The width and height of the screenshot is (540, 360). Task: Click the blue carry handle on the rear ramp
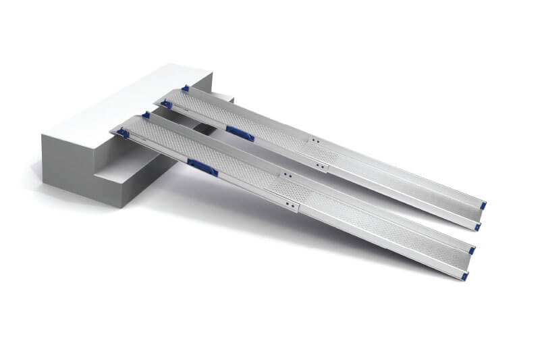tap(240, 132)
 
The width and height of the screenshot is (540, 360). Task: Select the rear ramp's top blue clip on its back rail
tap(186, 88)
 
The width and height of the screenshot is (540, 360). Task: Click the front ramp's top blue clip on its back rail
tap(146, 115)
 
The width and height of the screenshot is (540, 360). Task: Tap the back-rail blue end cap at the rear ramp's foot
tap(484, 204)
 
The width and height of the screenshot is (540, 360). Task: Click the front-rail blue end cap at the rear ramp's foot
tap(477, 227)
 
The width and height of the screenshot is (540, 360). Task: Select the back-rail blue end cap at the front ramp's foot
tap(471, 251)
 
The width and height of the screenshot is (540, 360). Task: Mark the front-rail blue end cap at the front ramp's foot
tap(464, 276)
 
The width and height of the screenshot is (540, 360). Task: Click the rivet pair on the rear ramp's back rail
tap(315, 141)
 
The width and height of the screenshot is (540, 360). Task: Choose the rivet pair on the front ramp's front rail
tap(288, 204)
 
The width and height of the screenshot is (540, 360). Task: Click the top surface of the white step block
tap(122, 101)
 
